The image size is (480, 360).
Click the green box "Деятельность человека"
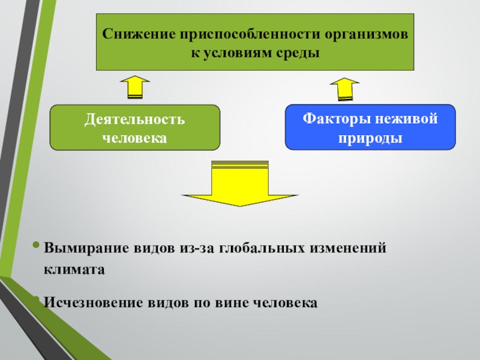(134, 127)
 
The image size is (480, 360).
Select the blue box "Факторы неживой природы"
(370, 127)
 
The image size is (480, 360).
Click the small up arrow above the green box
(135, 87)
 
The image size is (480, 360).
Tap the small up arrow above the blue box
(344, 89)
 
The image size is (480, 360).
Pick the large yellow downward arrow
(240, 183)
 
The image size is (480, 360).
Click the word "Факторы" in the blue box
(335, 118)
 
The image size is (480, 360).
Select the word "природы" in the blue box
(370, 137)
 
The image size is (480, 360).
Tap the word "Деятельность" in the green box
(134, 118)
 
